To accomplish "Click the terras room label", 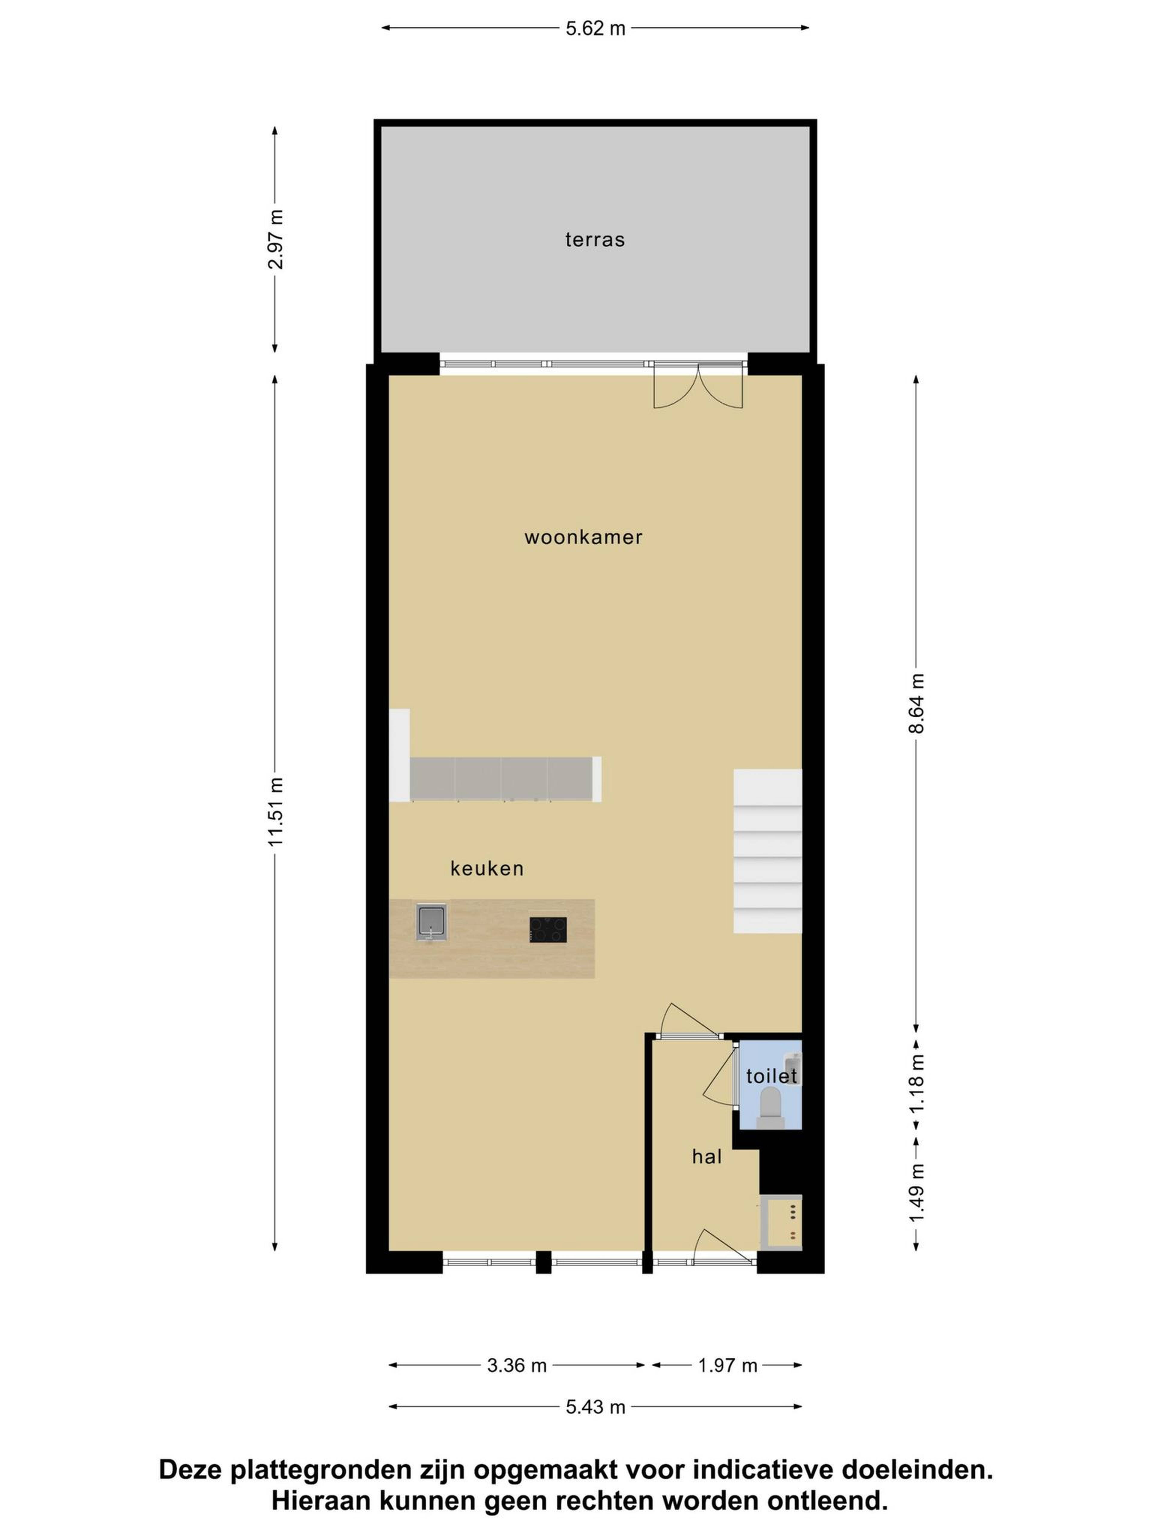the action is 594,240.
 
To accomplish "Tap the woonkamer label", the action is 583,537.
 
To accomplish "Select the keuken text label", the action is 487,868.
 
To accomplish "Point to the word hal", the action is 707,1156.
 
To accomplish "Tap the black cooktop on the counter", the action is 548,930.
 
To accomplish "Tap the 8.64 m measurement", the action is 916,703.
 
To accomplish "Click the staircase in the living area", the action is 768,850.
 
